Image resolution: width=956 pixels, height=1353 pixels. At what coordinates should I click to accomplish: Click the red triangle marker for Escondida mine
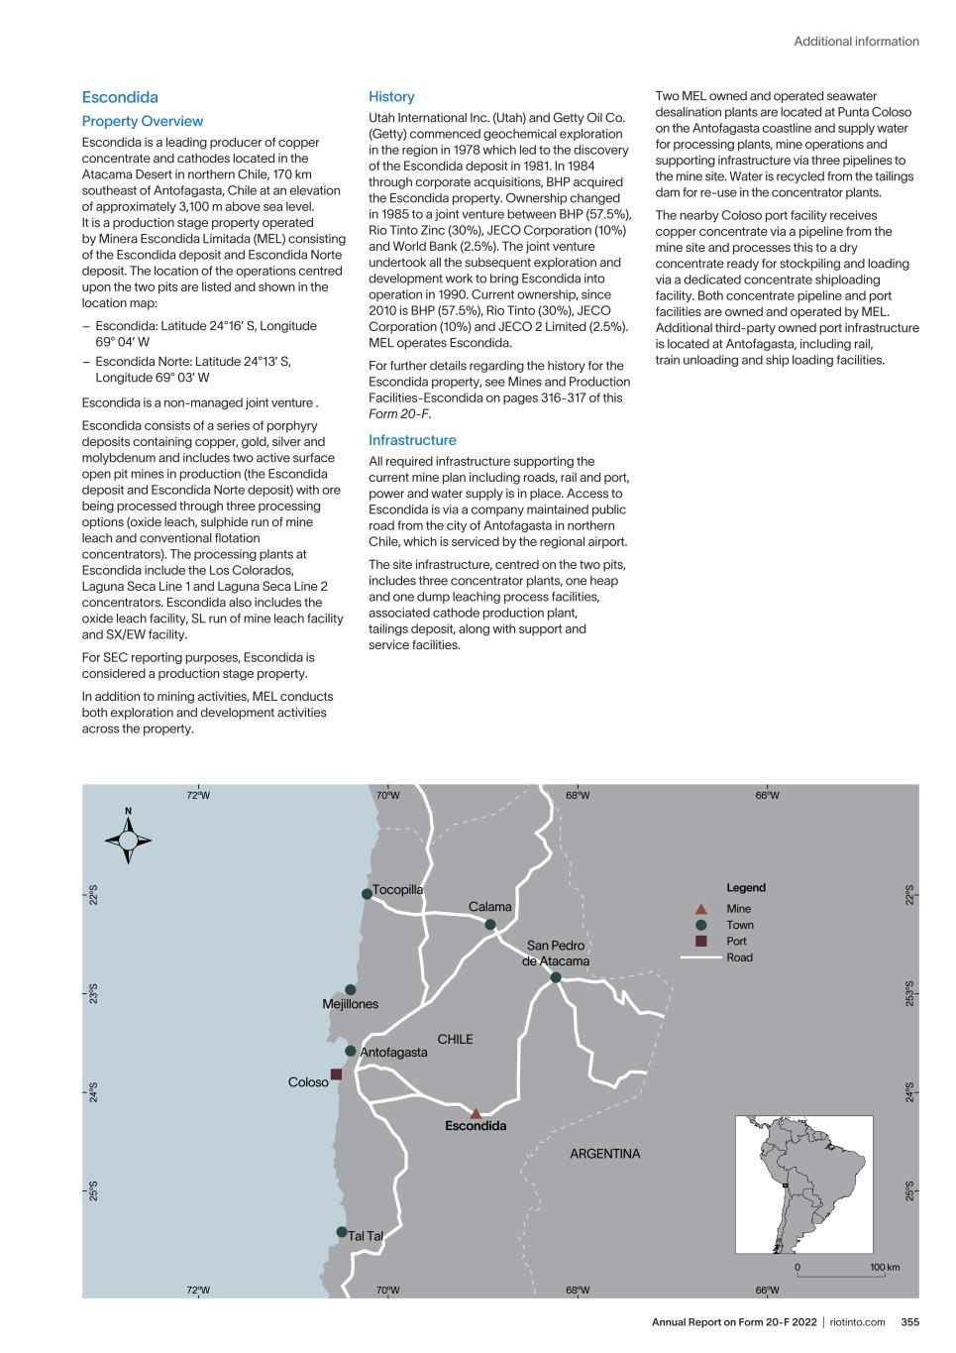(476, 1113)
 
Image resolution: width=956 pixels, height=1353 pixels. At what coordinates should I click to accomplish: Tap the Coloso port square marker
(336, 1073)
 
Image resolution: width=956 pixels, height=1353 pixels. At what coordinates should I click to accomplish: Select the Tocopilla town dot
(368, 893)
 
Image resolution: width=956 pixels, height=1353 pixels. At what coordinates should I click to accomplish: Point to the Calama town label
(490, 907)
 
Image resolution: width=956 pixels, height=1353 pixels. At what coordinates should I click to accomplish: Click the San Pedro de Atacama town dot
(556, 977)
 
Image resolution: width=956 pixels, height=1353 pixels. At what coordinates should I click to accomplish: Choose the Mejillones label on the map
(351, 1004)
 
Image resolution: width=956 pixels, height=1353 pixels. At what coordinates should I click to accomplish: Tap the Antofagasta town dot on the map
(351, 1051)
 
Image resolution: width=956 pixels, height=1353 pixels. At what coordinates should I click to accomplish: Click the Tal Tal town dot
(342, 1232)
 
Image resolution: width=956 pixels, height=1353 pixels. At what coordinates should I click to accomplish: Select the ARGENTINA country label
(605, 1154)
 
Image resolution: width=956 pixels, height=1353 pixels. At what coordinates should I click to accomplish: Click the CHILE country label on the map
(456, 1040)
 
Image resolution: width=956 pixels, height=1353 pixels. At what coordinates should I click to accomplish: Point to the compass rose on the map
(128, 841)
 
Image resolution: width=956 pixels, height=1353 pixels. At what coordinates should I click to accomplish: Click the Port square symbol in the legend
(700, 941)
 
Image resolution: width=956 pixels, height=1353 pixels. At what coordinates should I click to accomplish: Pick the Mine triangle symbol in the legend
(700, 909)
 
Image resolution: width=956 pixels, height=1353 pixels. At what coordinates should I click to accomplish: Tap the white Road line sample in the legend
(700, 958)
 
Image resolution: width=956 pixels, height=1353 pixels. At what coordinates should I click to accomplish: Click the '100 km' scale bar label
(885, 1268)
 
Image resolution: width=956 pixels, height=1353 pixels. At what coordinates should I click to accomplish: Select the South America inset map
(803, 1184)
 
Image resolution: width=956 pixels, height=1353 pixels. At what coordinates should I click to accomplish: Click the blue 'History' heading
(391, 97)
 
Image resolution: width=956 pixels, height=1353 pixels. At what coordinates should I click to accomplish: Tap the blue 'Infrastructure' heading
(412, 440)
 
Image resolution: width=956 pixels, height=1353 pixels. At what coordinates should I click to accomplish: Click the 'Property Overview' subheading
(143, 121)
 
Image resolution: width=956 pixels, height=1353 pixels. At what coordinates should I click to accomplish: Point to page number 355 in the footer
(909, 1321)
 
